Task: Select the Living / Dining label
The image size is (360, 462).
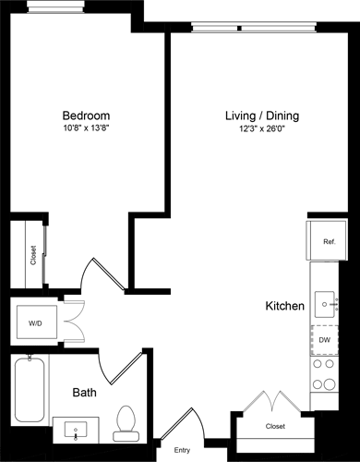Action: (262, 116)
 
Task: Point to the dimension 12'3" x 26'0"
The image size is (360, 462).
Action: (262, 131)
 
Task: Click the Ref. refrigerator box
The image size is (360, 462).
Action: (328, 242)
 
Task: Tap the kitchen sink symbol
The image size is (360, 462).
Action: (326, 301)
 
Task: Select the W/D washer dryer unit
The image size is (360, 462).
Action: (34, 323)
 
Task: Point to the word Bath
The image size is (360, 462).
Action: (85, 393)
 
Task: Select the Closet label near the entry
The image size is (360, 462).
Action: (274, 426)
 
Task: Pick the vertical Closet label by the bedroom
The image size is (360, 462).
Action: (34, 255)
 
